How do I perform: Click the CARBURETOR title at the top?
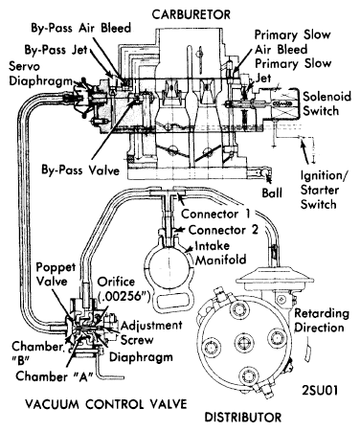[191, 14]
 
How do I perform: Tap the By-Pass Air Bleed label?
[81, 28]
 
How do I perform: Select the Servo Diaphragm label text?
[41, 74]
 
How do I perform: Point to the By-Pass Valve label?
[80, 170]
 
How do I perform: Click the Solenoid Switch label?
[326, 103]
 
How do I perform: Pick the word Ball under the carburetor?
[272, 193]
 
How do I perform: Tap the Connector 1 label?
[215, 214]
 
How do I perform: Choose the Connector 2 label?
[223, 230]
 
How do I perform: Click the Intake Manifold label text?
[220, 253]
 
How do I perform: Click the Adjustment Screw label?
[151, 332]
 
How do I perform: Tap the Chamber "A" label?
[55, 376]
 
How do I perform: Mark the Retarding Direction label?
[322, 321]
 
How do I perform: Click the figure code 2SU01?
[320, 391]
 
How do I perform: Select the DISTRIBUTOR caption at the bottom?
[243, 418]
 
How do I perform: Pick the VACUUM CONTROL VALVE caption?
[106, 404]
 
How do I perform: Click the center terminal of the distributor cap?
[244, 343]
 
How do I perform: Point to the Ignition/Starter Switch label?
[325, 191]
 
